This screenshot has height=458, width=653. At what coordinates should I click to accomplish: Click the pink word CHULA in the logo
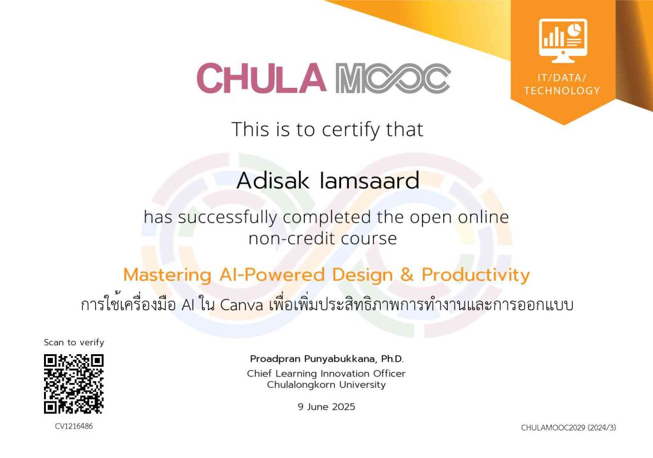(261, 78)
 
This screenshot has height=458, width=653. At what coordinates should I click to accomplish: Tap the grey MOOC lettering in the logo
(393, 78)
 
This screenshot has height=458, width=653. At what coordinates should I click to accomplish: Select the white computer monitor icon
(562, 40)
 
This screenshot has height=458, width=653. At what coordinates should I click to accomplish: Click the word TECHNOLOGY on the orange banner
(562, 90)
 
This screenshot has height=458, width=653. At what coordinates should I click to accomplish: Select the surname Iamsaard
(369, 180)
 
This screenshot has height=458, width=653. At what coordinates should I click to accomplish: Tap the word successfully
(228, 217)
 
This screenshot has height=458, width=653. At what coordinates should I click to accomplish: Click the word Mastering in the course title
(168, 275)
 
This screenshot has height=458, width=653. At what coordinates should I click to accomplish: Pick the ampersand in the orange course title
(406, 275)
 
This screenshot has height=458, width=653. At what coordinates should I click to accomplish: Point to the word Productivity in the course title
(476, 275)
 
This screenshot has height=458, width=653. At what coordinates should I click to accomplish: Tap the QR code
(74, 384)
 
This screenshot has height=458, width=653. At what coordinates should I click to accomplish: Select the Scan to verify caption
(74, 342)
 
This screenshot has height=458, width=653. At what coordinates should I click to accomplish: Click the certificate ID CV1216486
(74, 426)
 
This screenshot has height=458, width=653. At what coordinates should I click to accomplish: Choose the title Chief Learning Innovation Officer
(326, 373)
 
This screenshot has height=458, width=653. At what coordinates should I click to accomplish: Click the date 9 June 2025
(326, 406)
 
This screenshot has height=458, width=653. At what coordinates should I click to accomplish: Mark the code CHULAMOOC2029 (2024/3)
(568, 427)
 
